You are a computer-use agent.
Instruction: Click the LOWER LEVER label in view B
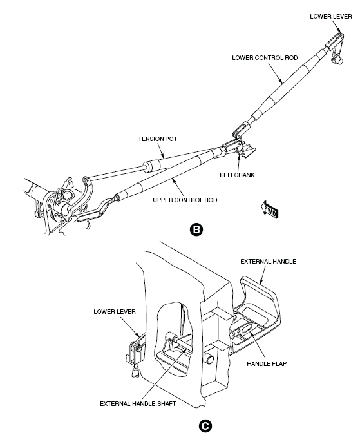pyautogui.click(x=331, y=17)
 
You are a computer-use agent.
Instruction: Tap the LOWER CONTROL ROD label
pyautogui.click(x=265, y=58)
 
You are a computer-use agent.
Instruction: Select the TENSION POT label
pyautogui.click(x=158, y=139)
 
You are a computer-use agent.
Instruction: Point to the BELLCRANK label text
pyautogui.click(x=237, y=175)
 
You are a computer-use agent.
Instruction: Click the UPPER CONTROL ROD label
pyautogui.click(x=185, y=200)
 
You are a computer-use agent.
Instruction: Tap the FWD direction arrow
pyautogui.click(x=270, y=209)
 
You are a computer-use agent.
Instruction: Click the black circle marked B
pyautogui.click(x=196, y=229)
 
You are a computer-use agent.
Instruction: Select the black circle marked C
pyautogui.click(x=205, y=426)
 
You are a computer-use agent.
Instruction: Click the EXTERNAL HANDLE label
pyautogui.click(x=269, y=262)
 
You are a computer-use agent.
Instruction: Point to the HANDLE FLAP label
pyautogui.click(x=267, y=363)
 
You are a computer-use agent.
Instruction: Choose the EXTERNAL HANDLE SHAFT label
pyautogui.click(x=138, y=403)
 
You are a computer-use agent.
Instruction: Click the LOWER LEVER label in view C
pyautogui.click(x=115, y=311)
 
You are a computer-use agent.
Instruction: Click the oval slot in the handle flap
pyautogui.click(x=247, y=329)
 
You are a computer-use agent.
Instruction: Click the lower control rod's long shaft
pyautogui.click(x=290, y=86)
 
